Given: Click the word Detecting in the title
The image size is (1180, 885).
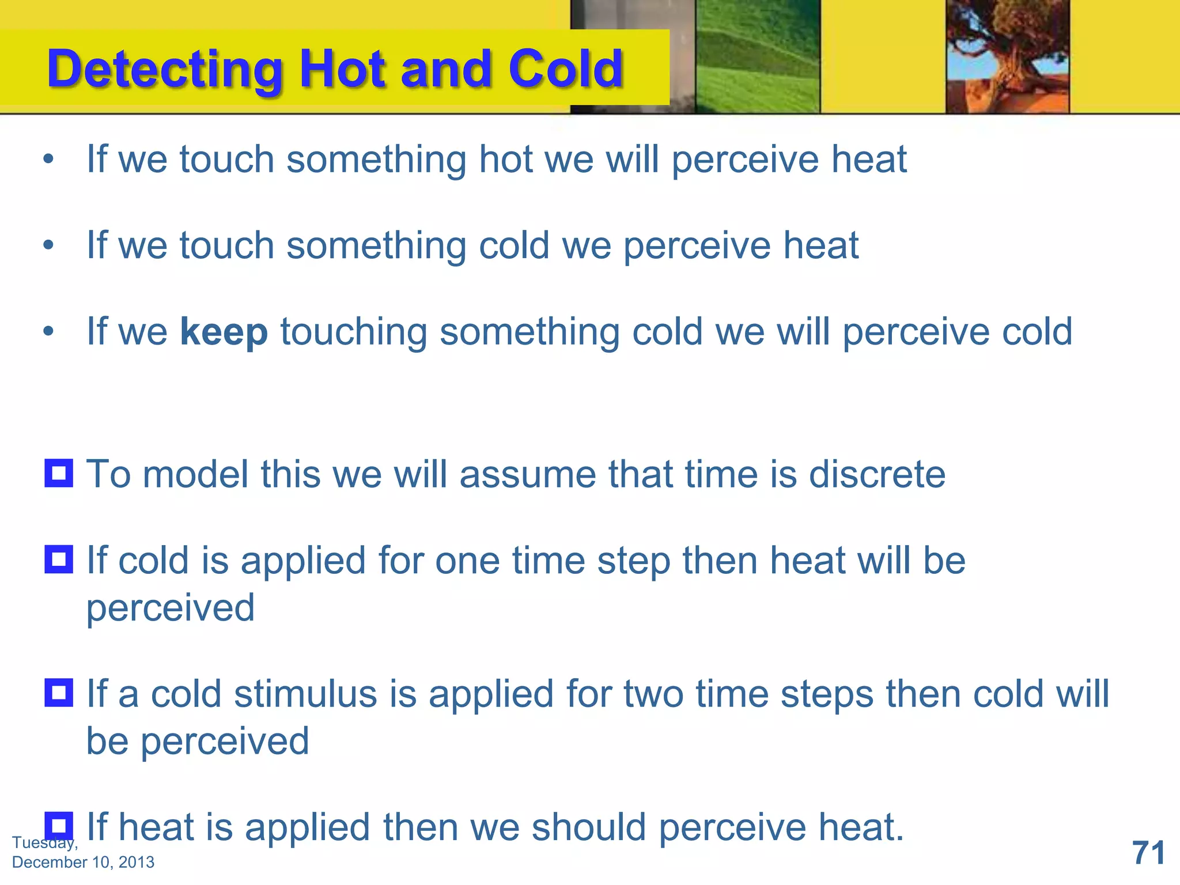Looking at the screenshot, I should (x=164, y=69).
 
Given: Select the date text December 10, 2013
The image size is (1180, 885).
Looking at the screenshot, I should (x=83, y=862).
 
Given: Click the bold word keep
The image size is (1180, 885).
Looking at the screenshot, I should (x=224, y=332).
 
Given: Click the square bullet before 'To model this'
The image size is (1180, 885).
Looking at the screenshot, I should (x=59, y=473).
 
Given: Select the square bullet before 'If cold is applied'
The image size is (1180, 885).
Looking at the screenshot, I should (x=59, y=559).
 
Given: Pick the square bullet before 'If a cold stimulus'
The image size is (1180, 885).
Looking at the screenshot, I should (x=59, y=693).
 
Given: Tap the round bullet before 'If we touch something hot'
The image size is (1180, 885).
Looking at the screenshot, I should (x=49, y=159).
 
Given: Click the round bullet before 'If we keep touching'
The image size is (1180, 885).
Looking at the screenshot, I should (x=49, y=332).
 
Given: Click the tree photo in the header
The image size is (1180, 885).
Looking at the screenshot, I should (x=1007, y=56).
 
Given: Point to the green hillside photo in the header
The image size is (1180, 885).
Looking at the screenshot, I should (x=757, y=56).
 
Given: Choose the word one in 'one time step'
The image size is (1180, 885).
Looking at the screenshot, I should (x=467, y=561).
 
